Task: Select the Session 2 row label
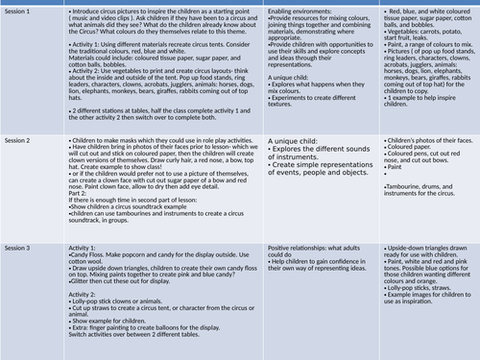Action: [x=18, y=141]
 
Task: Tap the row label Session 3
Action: [x=18, y=248]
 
